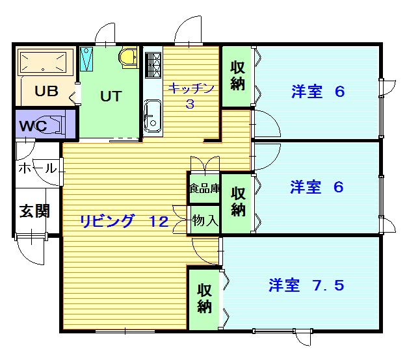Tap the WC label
(33, 126)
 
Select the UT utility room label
(111, 96)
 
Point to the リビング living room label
(108, 221)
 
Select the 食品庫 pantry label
(204, 189)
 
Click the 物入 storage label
(204, 221)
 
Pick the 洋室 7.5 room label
(305, 285)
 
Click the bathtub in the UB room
(44, 63)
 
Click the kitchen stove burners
(153, 63)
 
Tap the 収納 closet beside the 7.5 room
(205, 298)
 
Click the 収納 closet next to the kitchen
(237, 76)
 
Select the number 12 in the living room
(159, 221)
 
